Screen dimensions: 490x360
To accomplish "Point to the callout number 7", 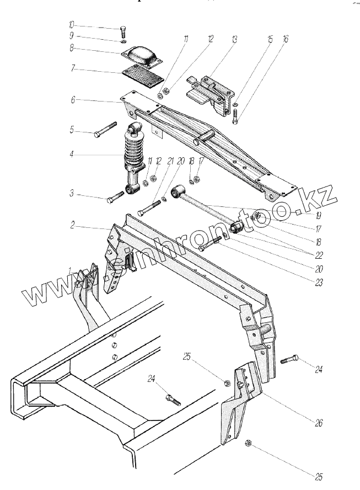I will pos(72,70).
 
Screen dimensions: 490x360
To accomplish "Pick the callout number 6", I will pos(72,100).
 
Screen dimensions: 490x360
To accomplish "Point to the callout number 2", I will pos(72,226).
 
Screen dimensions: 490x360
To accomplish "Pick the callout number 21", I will pos(170,161).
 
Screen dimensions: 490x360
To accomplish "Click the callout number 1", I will pos(70,269).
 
